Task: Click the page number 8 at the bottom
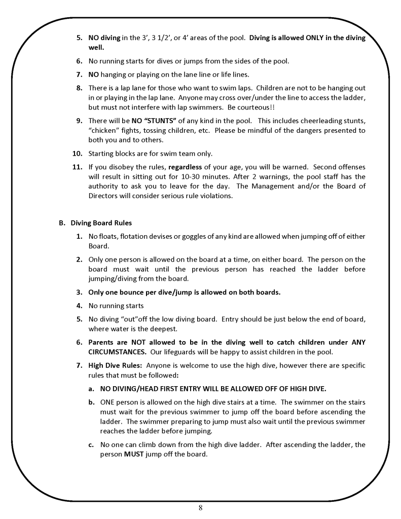point(201,508)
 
